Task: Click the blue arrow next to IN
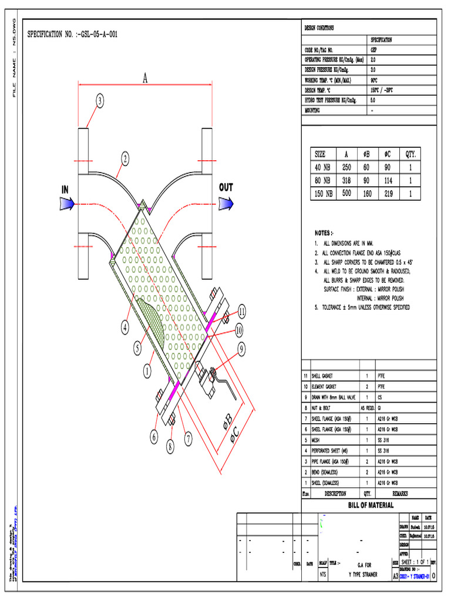tap(66, 203)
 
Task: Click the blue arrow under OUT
tap(227, 203)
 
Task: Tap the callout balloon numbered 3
tap(100, 102)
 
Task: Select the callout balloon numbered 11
tap(241, 311)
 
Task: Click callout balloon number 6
tap(154, 437)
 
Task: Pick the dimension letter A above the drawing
tap(144, 77)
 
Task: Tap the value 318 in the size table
tap(346, 180)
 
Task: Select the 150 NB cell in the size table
tap(322, 193)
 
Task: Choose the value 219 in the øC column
tap(388, 193)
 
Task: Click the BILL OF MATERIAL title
tap(371, 505)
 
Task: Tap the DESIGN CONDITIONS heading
tap(320, 28)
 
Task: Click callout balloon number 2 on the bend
tap(125, 158)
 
